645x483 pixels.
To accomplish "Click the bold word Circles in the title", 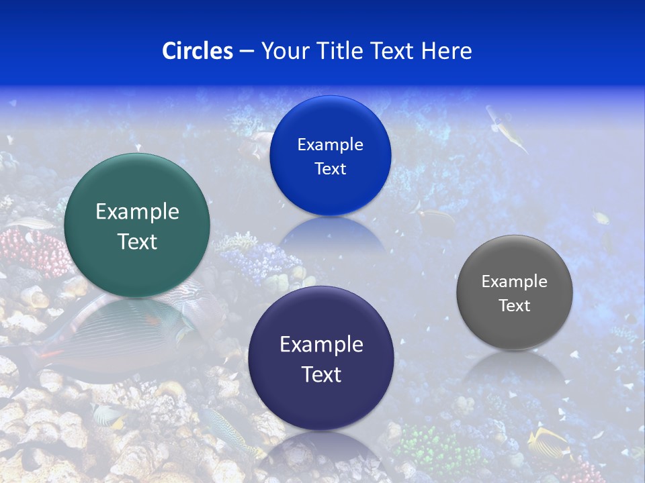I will tap(197, 51).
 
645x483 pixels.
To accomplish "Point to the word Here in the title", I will tap(446, 51).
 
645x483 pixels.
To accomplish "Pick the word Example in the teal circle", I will tap(137, 212).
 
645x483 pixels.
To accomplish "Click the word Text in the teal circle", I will tap(137, 241).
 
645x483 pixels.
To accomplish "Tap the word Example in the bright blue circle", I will tap(330, 144).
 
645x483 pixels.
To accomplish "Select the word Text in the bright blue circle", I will tap(330, 168).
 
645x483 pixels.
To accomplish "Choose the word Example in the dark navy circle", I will tap(321, 345).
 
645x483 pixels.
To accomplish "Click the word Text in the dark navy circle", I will tap(321, 374).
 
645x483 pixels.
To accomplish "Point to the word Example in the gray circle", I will tap(514, 282).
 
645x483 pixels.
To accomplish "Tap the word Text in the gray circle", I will tap(514, 306).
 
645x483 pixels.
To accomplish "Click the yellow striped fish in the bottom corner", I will tap(548, 443).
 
